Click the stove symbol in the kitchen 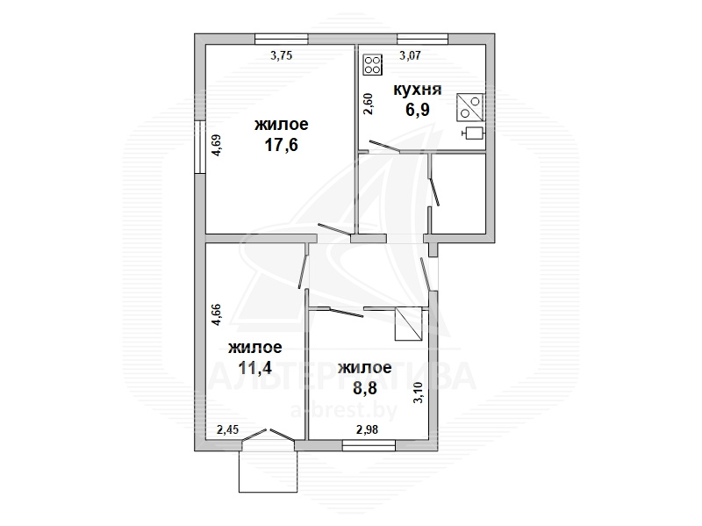pyautogui.click(x=372, y=64)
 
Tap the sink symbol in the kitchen pyautogui.click(x=470, y=107)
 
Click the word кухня pyautogui.click(x=418, y=90)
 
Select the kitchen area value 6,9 pyautogui.click(x=418, y=109)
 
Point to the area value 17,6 pyautogui.click(x=282, y=145)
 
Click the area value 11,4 pyautogui.click(x=254, y=368)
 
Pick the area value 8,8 pyautogui.click(x=365, y=387)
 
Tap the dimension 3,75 pyautogui.click(x=281, y=55)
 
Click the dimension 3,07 pyautogui.click(x=410, y=55)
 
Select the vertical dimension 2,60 pyautogui.click(x=368, y=104)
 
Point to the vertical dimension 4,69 pyautogui.click(x=216, y=145)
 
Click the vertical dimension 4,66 pyautogui.click(x=216, y=314)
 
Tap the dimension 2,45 pyautogui.click(x=227, y=429)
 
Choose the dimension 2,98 pyautogui.click(x=367, y=429)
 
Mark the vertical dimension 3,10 pyautogui.click(x=418, y=393)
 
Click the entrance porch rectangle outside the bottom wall pyautogui.click(x=269, y=472)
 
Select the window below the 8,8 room pyautogui.click(x=369, y=445)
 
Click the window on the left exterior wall pyautogui.click(x=200, y=147)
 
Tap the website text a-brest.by pyautogui.click(x=344, y=410)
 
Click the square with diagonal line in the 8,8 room pyautogui.click(x=408, y=324)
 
